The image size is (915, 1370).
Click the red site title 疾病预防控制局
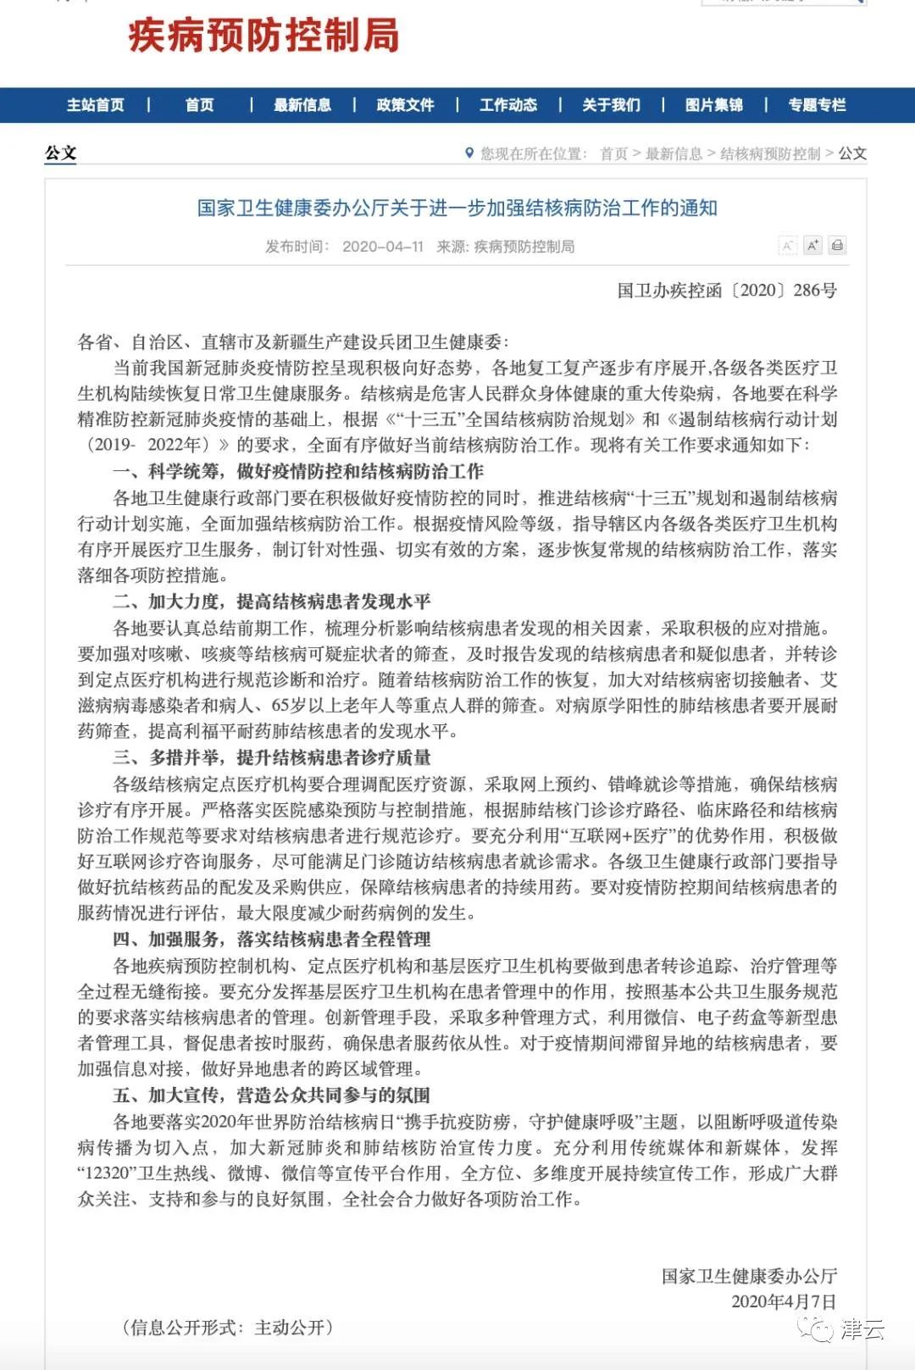tap(263, 36)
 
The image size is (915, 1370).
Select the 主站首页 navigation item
tap(95, 105)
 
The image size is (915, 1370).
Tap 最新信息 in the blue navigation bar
tap(302, 105)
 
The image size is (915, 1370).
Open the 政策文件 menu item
tap(405, 105)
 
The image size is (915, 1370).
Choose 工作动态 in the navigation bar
tap(508, 105)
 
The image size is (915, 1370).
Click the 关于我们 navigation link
tap(611, 105)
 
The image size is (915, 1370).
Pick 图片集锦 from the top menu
tap(714, 105)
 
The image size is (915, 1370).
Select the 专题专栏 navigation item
tap(817, 105)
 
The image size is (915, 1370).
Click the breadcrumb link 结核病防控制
tap(770, 153)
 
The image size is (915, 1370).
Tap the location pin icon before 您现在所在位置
tap(469, 153)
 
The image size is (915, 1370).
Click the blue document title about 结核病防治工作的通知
tap(457, 208)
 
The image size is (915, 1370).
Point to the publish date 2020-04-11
tap(382, 247)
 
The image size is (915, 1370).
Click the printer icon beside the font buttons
tap(837, 246)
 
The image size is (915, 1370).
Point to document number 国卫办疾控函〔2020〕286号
tap(727, 291)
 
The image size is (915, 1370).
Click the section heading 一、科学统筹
tap(298, 471)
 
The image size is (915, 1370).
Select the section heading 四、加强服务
tap(271, 939)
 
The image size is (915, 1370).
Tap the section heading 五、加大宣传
tap(271, 1095)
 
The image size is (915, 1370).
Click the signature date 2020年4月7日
tap(784, 1301)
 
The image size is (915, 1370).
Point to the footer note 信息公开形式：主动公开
tap(228, 1328)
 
